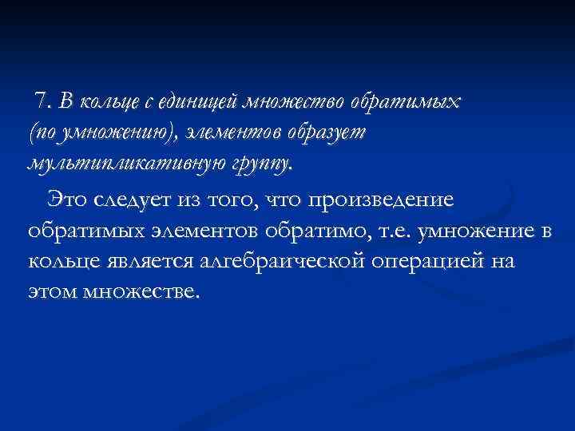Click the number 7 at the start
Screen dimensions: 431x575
pos(40,101)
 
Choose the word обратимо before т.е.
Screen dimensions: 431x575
pos(317,231)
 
